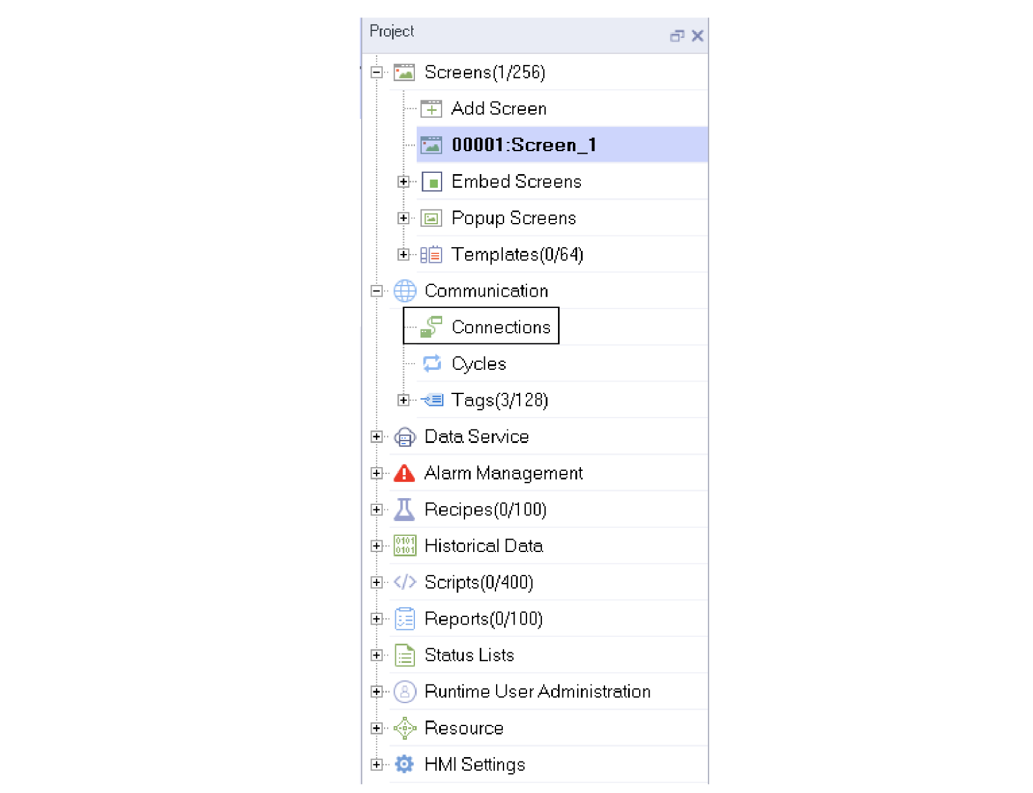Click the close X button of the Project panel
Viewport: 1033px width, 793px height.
coord(697,36)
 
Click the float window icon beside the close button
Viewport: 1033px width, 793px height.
coord(677,36)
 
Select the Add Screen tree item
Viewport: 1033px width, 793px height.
coord(499,108)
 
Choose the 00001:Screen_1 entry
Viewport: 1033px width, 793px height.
coord(524,145)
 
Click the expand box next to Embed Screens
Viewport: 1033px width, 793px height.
coord(403,182)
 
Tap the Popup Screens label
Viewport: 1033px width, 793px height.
coord(513,218)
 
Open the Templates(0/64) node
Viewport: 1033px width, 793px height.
coord(517,255)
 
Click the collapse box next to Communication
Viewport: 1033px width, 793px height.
coord(376,291)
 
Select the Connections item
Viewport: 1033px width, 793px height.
coord(501,327)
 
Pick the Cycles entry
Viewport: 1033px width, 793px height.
coord(479,364)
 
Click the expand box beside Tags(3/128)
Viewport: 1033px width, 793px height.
coord(403,400)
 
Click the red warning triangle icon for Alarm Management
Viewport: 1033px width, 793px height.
coord(404,473)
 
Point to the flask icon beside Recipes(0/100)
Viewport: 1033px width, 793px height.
coord(404,509)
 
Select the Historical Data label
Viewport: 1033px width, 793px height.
coord(484,546)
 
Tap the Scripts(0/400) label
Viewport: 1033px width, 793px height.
coord(479,582)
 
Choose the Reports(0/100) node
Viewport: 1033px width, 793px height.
coord(484,619)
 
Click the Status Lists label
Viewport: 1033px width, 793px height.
coord(469,655)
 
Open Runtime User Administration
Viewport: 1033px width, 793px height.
coord(538,691)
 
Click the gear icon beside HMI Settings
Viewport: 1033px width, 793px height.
coord(404,764)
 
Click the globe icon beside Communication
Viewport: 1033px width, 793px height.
coord(405,291)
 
